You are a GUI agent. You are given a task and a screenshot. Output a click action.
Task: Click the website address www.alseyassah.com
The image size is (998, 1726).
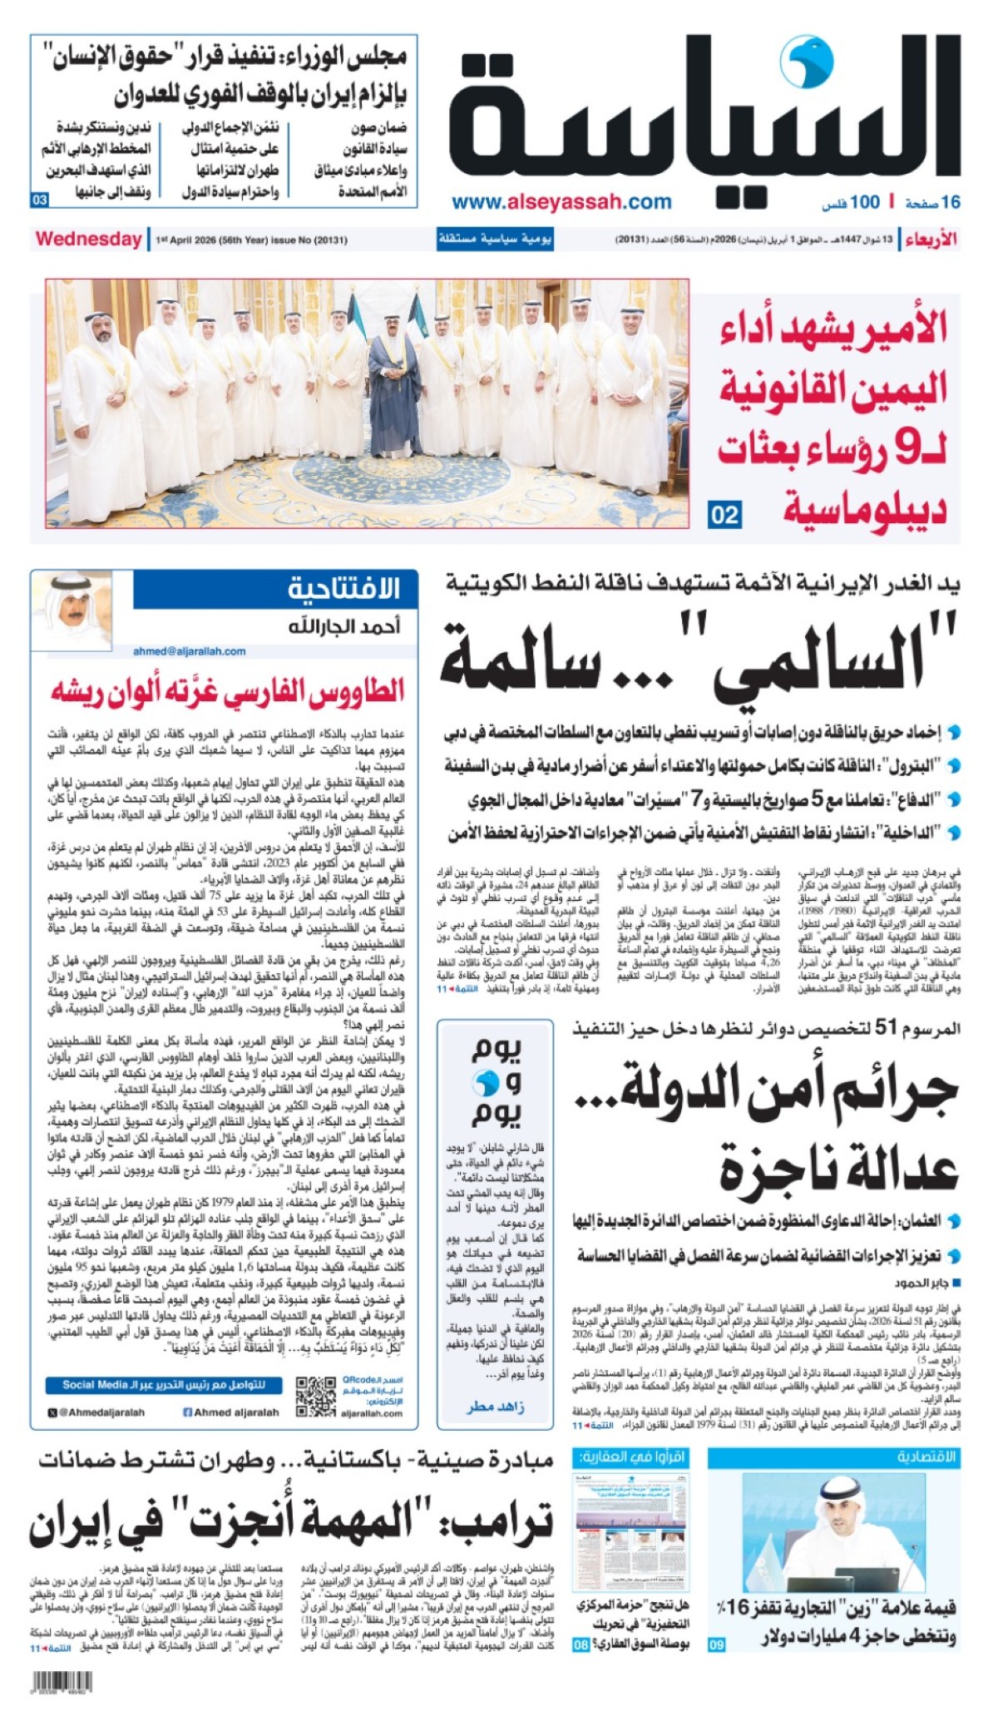tap(561, 202)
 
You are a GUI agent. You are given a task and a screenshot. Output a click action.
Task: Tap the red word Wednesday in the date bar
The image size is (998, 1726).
tap(88, 240)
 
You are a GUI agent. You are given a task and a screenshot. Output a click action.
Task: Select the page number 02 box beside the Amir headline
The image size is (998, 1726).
tap(724, 515)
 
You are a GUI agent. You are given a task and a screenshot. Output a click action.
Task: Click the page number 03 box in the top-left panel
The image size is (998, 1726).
tap(40, 200)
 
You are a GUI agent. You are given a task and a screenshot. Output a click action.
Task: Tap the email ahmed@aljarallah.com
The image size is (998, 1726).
tap(189, 651)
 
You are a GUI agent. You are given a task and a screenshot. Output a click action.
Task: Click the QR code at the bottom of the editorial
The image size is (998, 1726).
tap(316, 1397)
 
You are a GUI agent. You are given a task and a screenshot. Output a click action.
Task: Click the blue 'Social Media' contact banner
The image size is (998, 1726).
tap(163, 1385)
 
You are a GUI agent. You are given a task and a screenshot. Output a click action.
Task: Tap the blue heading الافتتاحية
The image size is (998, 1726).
tap(343, 589)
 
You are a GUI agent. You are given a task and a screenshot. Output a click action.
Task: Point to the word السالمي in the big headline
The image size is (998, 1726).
tap(819, 657)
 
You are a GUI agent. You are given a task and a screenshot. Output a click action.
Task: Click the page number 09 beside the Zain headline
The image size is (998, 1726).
tap(716, 1644)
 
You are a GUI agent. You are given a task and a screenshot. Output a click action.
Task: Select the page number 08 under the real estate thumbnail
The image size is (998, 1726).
tap(581, 1644)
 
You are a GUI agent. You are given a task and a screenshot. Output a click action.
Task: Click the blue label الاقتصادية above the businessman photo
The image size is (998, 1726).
tap(926, 1456)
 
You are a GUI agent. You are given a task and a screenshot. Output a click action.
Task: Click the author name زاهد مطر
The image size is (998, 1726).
tap(496, 1406)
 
